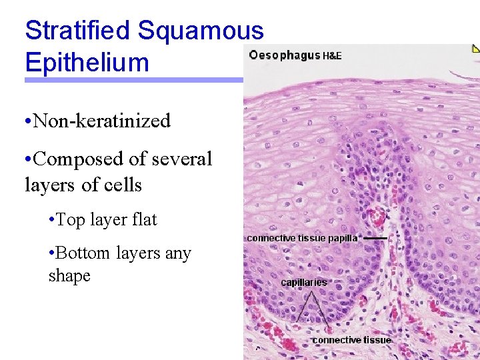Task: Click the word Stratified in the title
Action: coord(77,30)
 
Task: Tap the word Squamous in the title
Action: coord(201,30)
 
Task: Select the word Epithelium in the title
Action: coord(87,62)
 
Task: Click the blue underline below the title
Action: coord(133,80)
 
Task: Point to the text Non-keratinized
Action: coord(101,121)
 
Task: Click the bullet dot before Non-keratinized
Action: coord(26,121)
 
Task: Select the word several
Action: coord(182,159)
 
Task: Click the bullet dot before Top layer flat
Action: coord(52,220)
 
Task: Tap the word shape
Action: coord(69,276)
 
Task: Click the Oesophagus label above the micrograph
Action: coord(284,55)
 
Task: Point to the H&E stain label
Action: coord(332,56)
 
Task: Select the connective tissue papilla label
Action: coord(302,237)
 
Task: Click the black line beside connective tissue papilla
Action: coord(375,237)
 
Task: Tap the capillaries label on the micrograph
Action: coord(304,282)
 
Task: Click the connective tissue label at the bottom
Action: coord(351,340)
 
